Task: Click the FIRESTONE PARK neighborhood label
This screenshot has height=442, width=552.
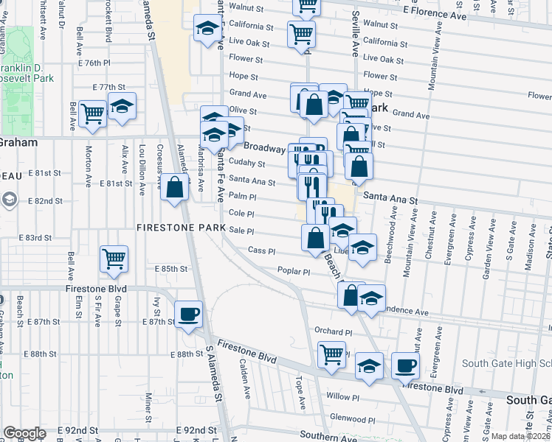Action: coord(180,228)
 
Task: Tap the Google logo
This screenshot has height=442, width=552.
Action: coord(24,433)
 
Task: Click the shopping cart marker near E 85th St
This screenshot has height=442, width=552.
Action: coord(114,257)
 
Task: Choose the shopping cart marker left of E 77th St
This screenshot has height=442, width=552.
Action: coord(92,113)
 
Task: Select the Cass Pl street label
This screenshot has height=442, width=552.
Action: coord(261,250)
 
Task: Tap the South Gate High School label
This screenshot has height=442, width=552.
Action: coord(506,364)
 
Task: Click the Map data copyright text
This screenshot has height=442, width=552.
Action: coord(520,435)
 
